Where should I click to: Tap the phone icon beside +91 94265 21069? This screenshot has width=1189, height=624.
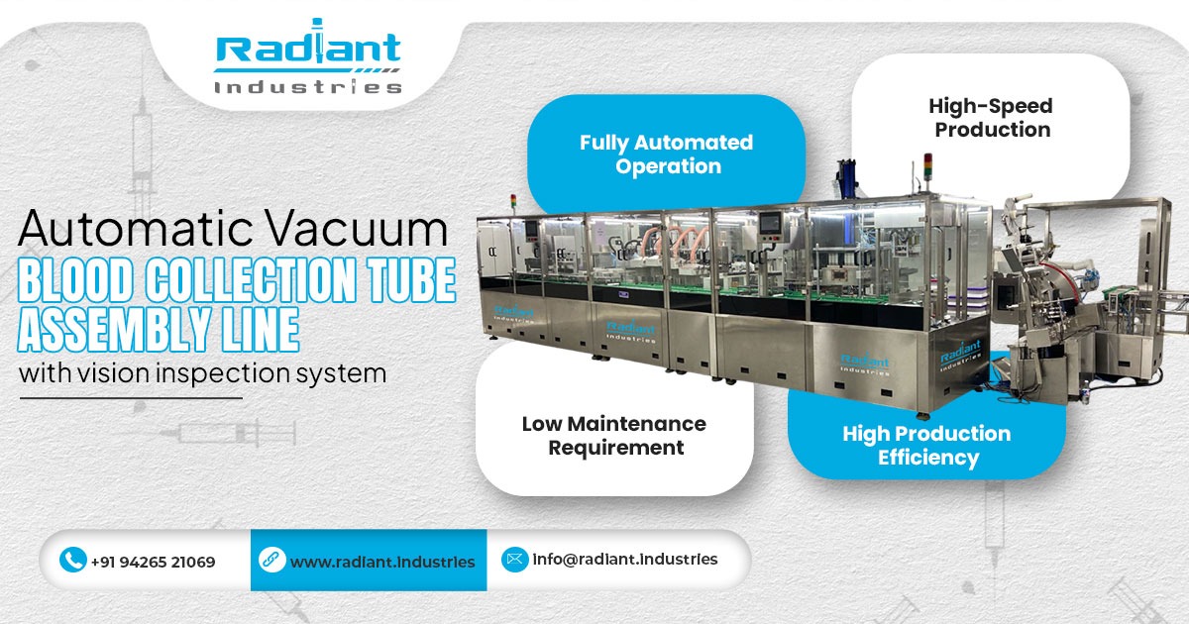(x=72, y=561)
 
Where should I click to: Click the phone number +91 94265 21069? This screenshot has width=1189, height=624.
(x=153, y=562)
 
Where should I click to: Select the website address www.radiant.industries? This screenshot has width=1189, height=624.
(x=382, y=562)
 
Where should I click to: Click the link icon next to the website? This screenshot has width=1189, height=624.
(x=271, y=561)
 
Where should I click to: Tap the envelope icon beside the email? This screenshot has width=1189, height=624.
(x=514, y=560)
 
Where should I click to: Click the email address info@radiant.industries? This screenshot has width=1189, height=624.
(x=624, y=560)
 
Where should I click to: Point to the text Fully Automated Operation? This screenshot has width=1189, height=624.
(x=666, y=155)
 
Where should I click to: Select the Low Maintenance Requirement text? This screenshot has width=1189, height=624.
(x=614, y=436)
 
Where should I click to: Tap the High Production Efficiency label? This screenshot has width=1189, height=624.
(x=927, y=446)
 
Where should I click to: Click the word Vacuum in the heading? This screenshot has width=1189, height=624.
(x=368, y=229)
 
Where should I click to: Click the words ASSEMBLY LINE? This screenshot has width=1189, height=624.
(x=159, y=330)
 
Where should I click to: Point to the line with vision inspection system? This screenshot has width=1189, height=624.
(x=202, y=374)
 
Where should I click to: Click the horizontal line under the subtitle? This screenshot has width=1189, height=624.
(x=131, y=398)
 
